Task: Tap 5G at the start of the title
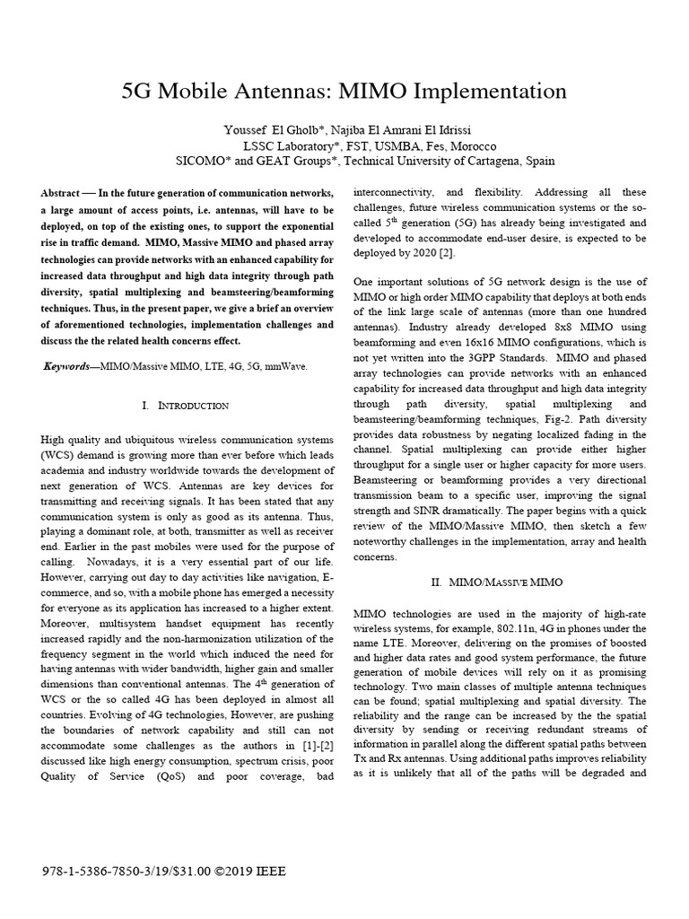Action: click(137, 92)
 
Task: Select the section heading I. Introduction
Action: click(186, 406)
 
